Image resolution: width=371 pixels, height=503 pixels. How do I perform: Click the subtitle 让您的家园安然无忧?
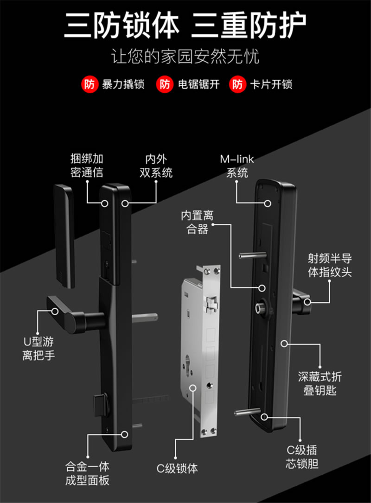pos(185,57)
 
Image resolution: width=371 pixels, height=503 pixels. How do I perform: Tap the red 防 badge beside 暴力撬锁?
pos(89,84)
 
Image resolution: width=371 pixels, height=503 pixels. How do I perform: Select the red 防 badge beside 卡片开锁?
pos(237,84)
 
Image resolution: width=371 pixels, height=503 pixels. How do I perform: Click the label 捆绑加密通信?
pos(87,166)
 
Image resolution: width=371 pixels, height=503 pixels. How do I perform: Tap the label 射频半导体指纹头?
pos(330,265)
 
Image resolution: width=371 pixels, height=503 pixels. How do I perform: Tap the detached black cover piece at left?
pos(64,234)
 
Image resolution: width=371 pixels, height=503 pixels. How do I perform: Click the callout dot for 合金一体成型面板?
pos(124,434)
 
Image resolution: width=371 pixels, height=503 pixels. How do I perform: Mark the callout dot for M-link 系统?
pos(268,203)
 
